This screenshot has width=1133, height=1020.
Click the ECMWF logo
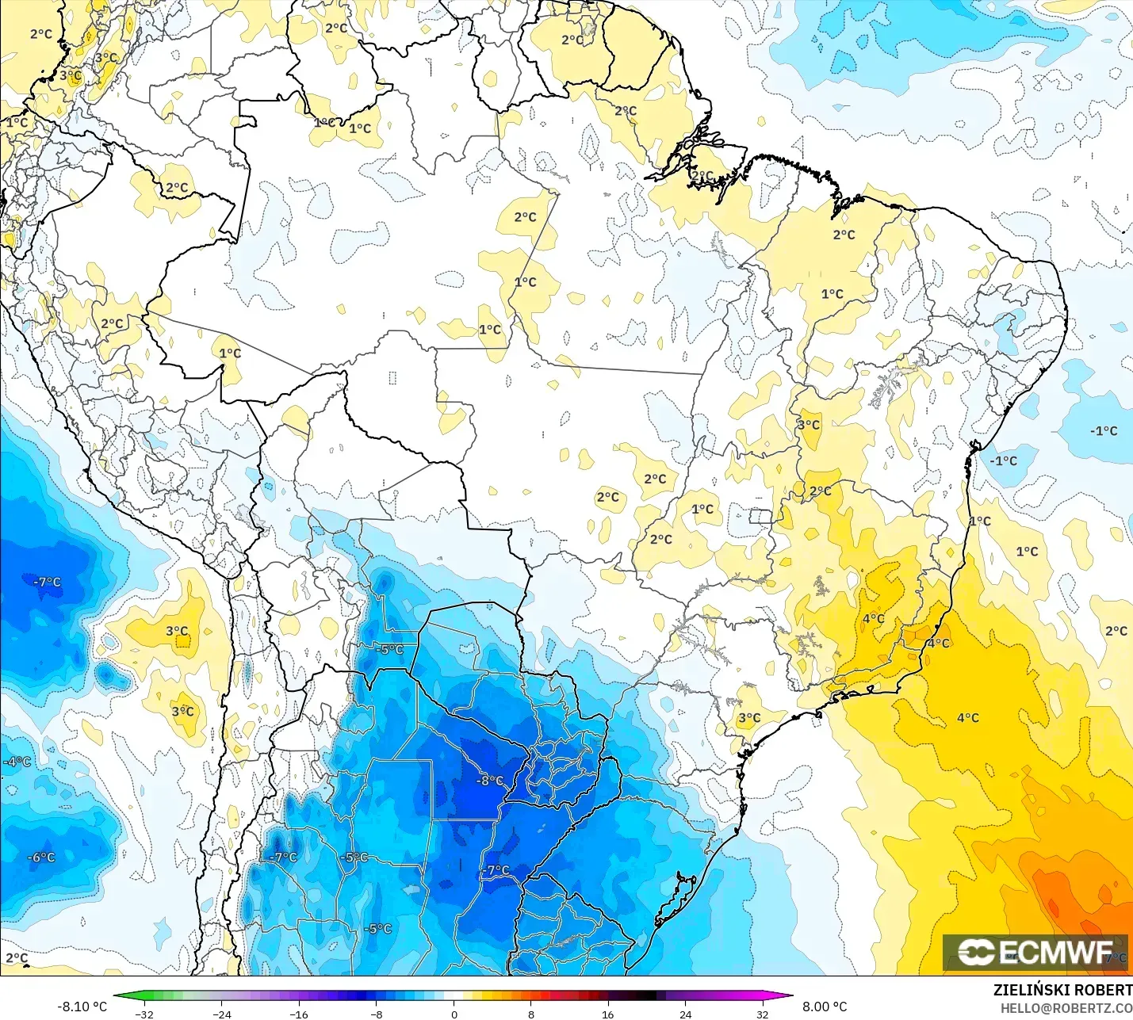coord(1035,952)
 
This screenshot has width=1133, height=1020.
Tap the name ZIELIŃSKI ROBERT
coord(1062,990)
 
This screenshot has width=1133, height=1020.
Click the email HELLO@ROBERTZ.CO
coord(1066,1008)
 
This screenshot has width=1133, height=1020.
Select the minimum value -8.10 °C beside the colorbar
coord(82,1007)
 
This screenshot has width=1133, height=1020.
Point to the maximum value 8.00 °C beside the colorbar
coord(825,1007)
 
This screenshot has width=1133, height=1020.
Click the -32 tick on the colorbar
coord(144,1014)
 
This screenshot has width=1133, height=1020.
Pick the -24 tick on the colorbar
coord(222,1014)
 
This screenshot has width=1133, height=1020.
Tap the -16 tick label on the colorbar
coord(299,1014)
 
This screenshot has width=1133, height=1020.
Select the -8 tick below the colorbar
coord(377,1014)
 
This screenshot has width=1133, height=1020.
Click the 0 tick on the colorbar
coord(454,1014)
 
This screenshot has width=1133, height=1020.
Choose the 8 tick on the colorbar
coord(531,1014)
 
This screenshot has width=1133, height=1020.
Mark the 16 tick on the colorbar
coord(608,1014)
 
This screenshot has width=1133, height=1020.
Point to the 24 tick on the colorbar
coord(686,1014)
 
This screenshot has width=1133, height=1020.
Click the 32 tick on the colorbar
coord(763,1014)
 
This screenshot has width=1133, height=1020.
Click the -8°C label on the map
coord(490,781)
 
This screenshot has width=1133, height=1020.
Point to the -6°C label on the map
coord(41,858)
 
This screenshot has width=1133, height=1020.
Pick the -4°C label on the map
coord(17,762)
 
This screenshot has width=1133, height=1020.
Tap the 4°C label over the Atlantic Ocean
coord(967,718)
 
